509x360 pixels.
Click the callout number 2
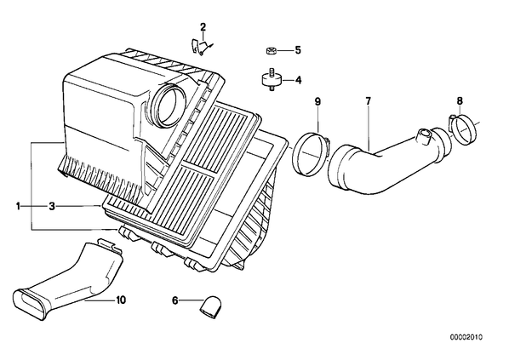coord(203,26)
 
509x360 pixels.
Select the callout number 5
coord(298,50)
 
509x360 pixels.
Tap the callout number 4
coord(298,80)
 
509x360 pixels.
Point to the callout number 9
coord(317,101)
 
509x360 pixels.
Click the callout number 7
coord(368,101)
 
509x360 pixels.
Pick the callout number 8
coord(460,101)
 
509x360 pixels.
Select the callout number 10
coord(120,300)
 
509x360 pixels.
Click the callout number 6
coord(175,301)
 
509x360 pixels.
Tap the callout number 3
coord(52,206)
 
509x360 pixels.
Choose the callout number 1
coord(18,206)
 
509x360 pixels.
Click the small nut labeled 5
coord(271,51)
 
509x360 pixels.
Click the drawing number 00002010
coord(466,337)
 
